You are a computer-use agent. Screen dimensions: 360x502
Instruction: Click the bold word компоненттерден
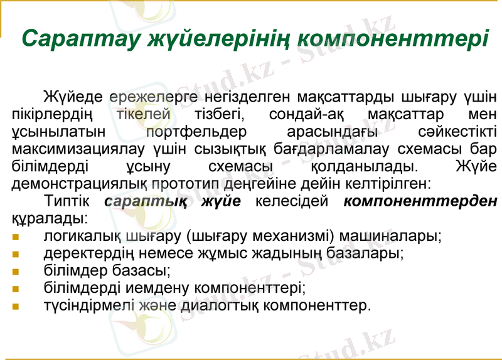pos(420,202)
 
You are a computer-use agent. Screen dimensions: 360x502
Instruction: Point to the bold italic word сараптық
pos(146,202)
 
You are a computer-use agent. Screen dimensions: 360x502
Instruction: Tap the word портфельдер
pos(196,132)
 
